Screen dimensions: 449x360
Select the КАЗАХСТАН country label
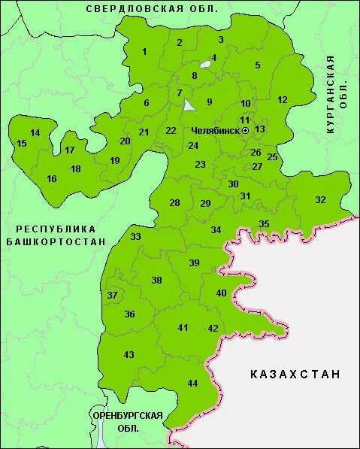tap(295, 374)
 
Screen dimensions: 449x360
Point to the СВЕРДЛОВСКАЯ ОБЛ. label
tap(152, 8)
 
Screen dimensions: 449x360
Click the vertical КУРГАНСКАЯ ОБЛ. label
tap(336, 94)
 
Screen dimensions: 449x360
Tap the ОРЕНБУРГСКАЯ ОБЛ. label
tap(127, 421)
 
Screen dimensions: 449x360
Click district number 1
tap(144, 51)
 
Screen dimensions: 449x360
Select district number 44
tap(192, 384)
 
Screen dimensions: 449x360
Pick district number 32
tap(321, 199)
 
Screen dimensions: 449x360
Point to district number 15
tap(21, 143)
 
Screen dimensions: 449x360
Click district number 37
tap(113, 296)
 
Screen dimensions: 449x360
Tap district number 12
tap(283, 99)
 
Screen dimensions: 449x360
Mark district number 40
tap(221, 293)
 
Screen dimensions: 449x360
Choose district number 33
tap(135, 237)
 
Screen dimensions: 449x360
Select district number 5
tap(258, 65)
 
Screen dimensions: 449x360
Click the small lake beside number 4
tap(205, 64)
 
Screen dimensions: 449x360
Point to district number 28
tap(174, 203)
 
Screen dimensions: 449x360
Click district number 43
tap(129, 355)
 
